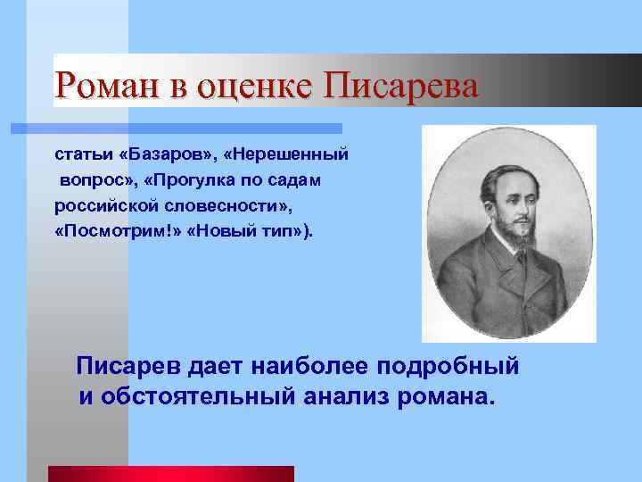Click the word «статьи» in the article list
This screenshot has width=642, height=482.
coord(82,154)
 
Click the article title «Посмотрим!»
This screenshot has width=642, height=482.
coord(106,231)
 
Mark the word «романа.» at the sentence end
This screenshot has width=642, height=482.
coord(445,395)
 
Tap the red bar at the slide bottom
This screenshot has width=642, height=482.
coord(170,474)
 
